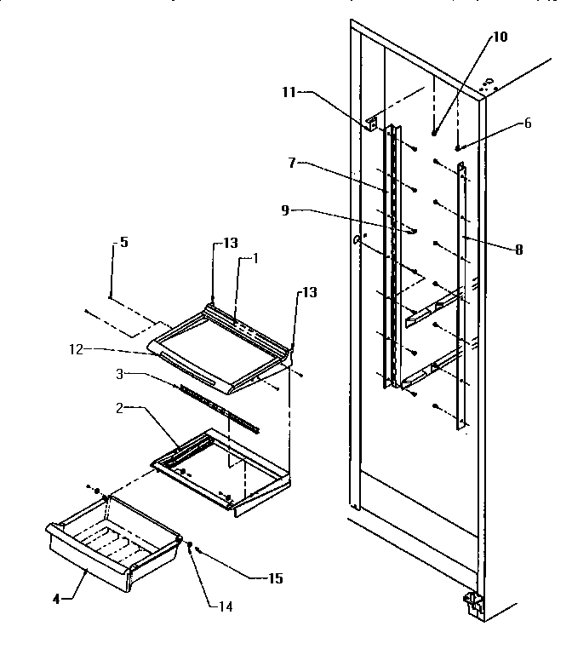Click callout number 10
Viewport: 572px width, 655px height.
[499, 37]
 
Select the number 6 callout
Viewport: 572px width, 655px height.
[527, 124]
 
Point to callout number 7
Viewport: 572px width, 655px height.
[291, 163]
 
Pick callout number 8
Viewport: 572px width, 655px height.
[518, 250]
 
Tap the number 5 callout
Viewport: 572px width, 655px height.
[123, 242]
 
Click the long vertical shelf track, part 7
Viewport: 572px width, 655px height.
[392, 256]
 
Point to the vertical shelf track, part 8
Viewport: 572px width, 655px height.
[463, 298]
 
